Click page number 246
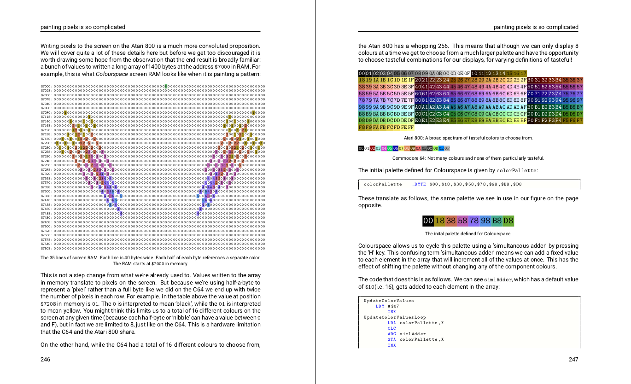click(x=45, y=360)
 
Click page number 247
click(x=573, y=360)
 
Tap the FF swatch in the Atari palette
click(x=411, y=128)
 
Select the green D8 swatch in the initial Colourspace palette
click(x=508, y=221)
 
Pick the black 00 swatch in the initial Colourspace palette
click(x=428, y=221)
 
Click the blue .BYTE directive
click(x=419, y=185)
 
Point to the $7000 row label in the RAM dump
click(x=45, y=86)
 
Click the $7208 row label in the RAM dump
click(x=45, y=143)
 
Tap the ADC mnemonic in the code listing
click(x=391, y=334)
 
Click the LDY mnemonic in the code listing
click(x=380, y=306)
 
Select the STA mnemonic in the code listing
click(x=391, y=339)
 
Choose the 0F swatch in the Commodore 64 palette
click(x=447, y=148)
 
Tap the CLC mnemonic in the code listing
click(x=391, y=328)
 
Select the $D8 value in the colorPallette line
click(x=518, y=185)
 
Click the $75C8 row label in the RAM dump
click(x=45, y=249)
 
